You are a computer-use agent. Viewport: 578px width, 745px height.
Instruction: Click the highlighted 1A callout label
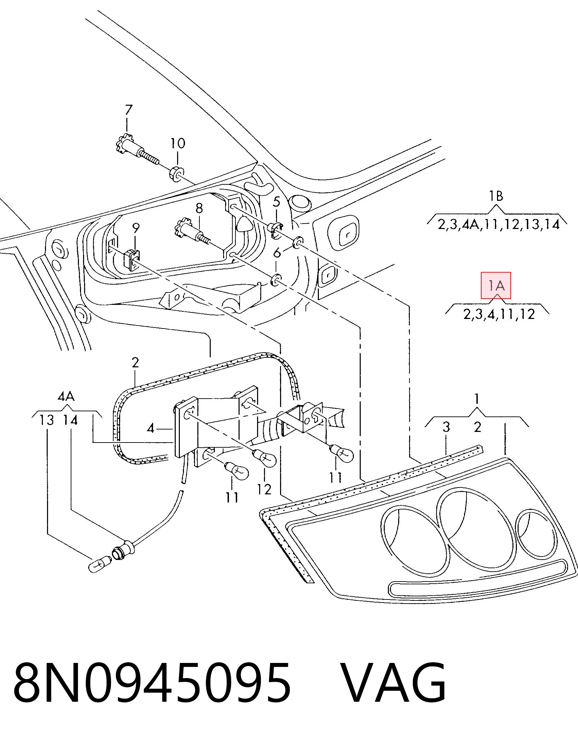coord(496,285)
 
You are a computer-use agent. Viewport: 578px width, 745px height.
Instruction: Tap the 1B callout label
coord(496,196)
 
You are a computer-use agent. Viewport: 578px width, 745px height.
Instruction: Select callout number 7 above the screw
coord(128,110)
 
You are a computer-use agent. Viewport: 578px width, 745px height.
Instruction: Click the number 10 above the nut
coord(178,143)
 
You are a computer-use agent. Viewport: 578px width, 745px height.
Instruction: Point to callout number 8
coord(199,208)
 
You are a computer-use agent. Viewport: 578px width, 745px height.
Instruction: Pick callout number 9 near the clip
coord(136,228)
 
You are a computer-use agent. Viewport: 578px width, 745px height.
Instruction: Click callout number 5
coord(277,202)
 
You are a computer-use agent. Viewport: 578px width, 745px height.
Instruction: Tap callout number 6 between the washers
coord(277,253)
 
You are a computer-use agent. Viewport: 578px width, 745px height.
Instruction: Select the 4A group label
coord(66,397)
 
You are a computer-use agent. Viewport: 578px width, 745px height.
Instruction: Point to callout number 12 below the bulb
coord(264,489)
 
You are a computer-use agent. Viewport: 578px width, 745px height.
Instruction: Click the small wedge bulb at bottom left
coord(100,565)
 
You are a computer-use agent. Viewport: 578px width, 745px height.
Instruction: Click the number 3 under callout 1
coord(446,427)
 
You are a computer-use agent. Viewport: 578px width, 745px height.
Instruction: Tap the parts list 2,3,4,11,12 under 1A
coord(499,314)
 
